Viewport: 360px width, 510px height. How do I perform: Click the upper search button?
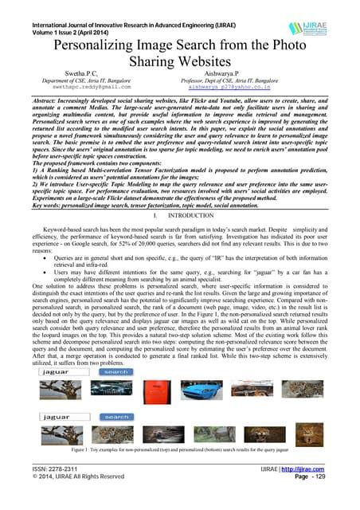coord(116,371)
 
